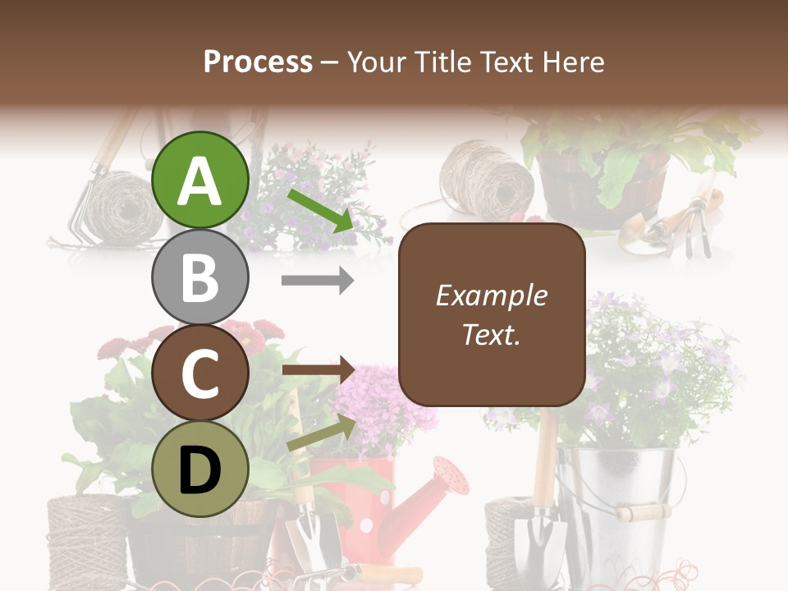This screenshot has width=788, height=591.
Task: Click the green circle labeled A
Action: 200,181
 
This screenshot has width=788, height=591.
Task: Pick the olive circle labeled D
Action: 200,469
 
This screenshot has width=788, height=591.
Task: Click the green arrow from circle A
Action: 320,209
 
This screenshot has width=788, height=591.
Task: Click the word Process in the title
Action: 258,62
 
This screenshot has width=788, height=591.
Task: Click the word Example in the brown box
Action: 491,295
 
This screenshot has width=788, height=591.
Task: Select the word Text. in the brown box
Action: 491,334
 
